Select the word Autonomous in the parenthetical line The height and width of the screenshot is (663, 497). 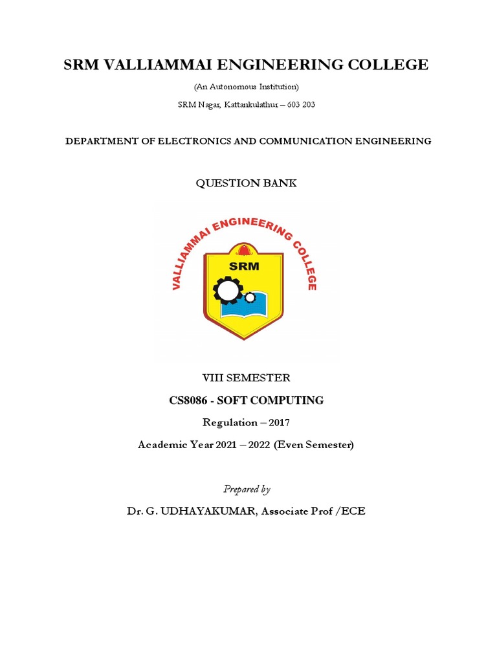pyautogui.click(x=238, y=86)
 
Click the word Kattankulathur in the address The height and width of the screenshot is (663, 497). pyautogui.click(x=254, y=105)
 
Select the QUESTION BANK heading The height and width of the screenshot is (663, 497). pyautogui.click(x=247, y=183)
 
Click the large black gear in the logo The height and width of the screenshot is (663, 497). pyautogui.click(x=228, y=289)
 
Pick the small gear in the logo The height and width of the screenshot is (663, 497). pyautogui.click(x=250, y=297)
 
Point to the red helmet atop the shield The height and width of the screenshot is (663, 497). pyautogui.click(x=244, y=250)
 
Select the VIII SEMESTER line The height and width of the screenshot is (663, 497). pyautogui.click(x=247, y=377)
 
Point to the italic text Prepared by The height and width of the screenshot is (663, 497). pyautogui.click(x=247, y=489)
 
